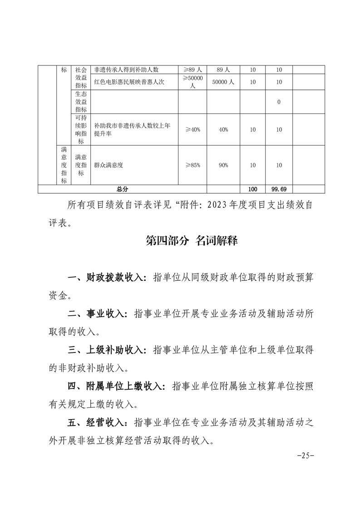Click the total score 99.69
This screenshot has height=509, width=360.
[x=279, y=189]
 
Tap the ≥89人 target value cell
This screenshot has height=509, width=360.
[x=192, y=70]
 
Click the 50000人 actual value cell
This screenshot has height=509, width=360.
[x=223, y=82]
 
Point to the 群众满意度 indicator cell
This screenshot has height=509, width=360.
[x=108, y=166]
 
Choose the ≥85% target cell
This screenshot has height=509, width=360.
[x=192, y=166]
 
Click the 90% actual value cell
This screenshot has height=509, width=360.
[x=223, y=166]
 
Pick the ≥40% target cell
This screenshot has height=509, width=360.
[x=192, y=130]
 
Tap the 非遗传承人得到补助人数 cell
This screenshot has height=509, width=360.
[x=126, y=70]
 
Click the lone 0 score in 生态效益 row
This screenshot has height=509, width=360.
[x=279, y=102]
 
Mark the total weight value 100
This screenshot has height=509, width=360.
[x=253, y=189]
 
